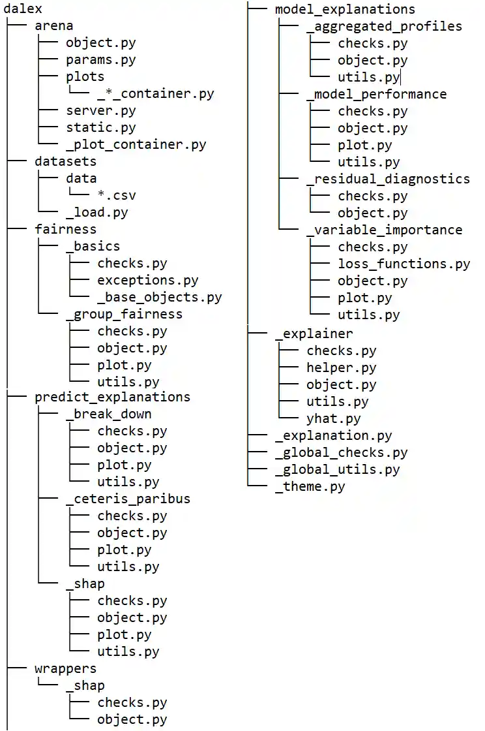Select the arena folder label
click(53, 26)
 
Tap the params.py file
click(100, 60)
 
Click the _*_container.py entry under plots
click(156, 94)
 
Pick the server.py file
click(100, 111)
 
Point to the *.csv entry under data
click(117, 195)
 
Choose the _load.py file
click(96, 212)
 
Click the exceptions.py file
click(148, 280)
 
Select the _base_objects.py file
click(160, 297)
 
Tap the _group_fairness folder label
click(124, 314)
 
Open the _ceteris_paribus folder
click(128, 499)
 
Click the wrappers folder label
click(65, 668)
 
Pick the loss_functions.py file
click(404, 264)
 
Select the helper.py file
click(341, 367)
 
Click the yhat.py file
click(333, 418)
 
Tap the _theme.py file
click(310, 486)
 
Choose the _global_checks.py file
click(341, 452)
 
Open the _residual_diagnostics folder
click(388, 179)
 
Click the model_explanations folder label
click(345, 9)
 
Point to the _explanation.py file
click(333, 435)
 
